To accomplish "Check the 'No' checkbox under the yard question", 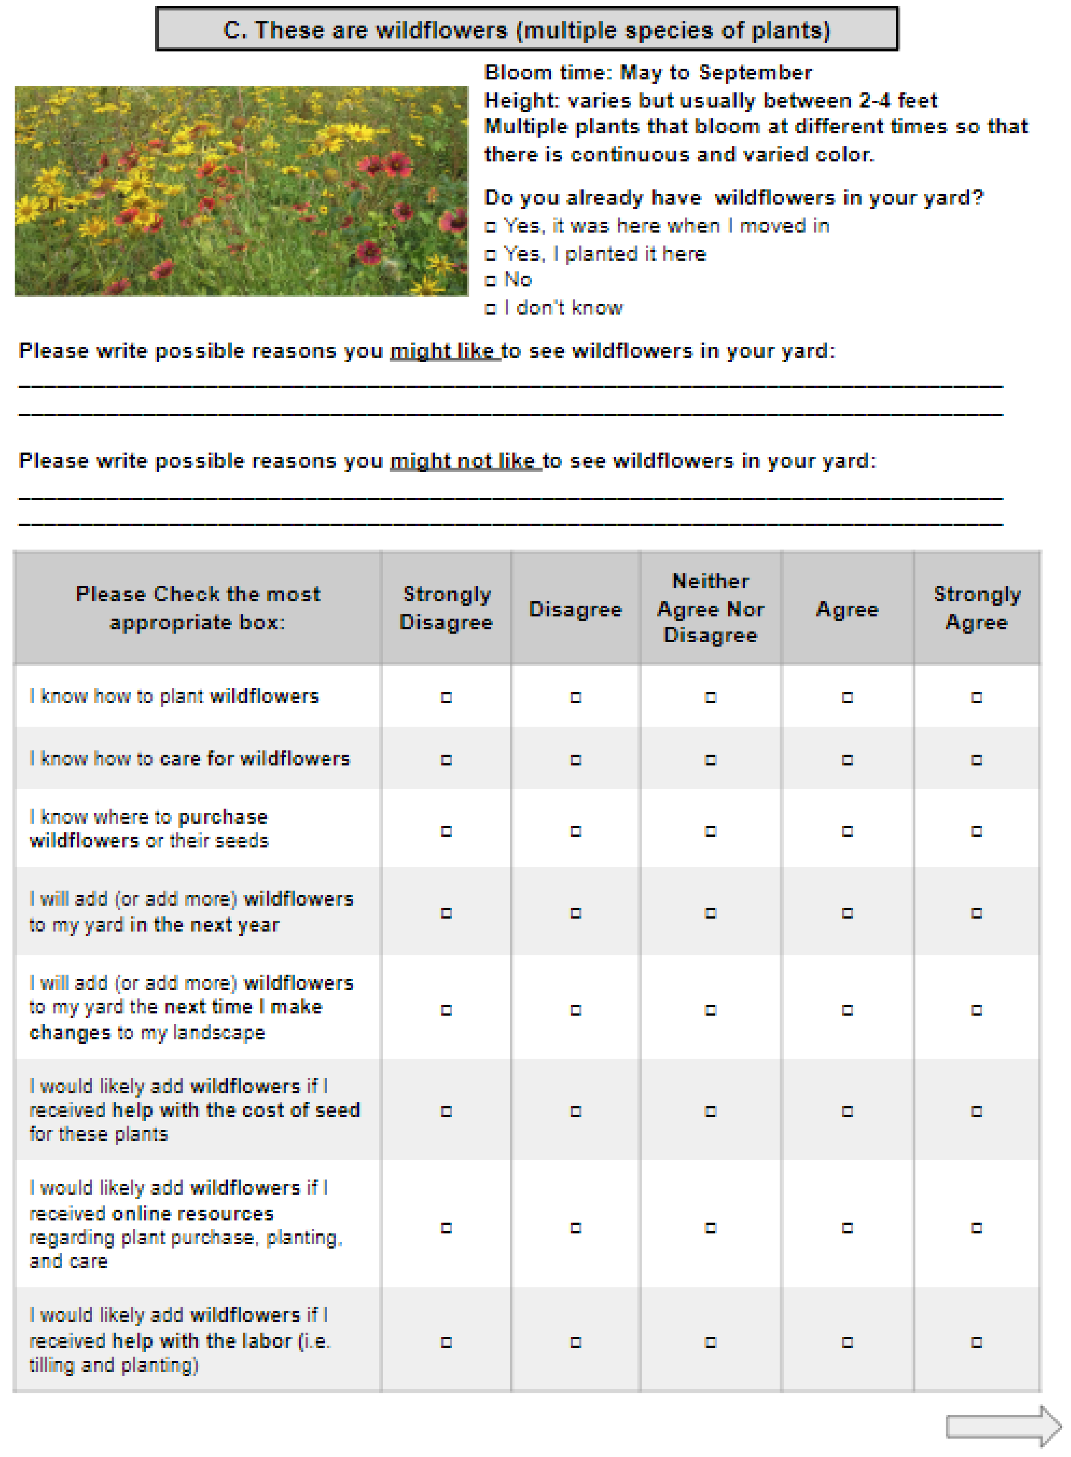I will pyautogui.click(x=490, y=281).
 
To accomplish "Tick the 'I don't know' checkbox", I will pyautogui.click(x=490, y=309).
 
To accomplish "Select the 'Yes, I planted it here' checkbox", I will pyautogui.click(x=490, y=255).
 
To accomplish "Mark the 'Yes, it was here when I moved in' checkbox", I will pyautogui.click(x=490, y=227).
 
